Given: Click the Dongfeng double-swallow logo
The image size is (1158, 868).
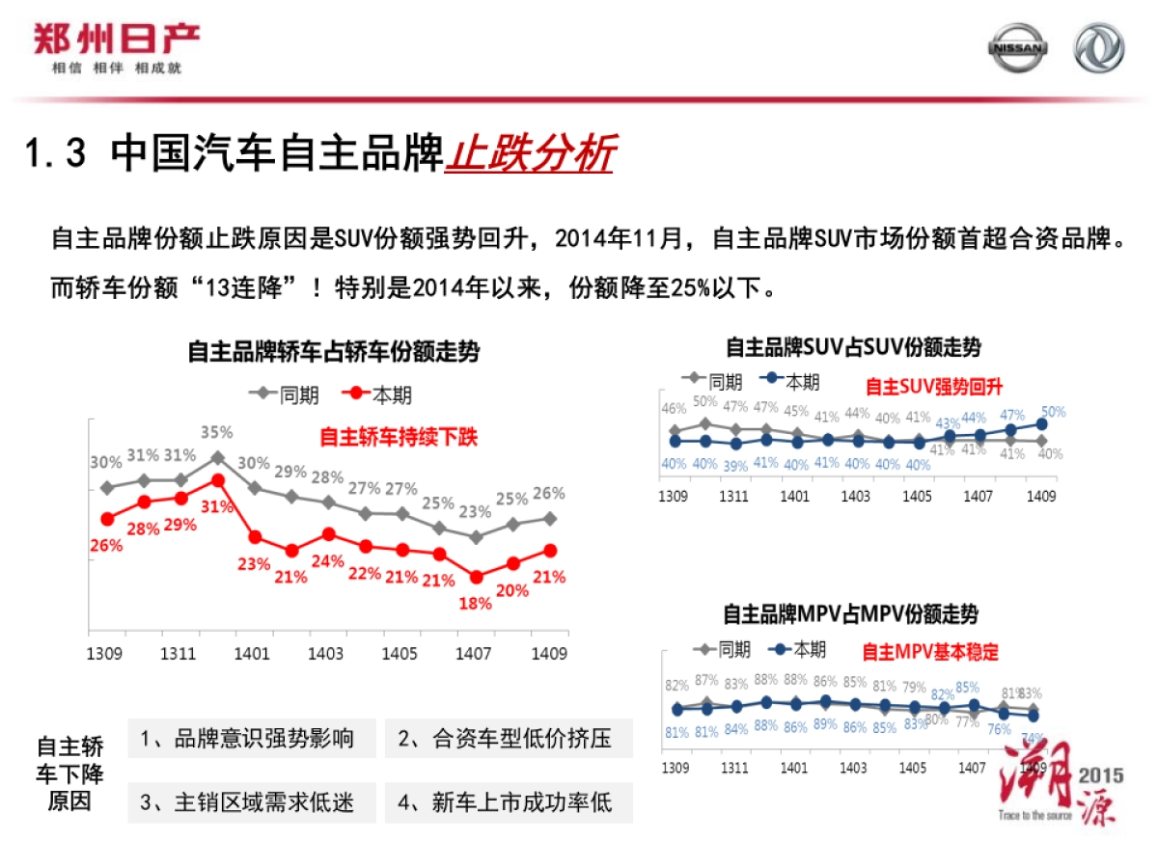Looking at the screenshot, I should click(x=1099, y=49).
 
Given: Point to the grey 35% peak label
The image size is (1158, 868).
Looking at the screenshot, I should click(x=217, y=431).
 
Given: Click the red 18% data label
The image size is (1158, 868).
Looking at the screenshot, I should click(x=475, y=604).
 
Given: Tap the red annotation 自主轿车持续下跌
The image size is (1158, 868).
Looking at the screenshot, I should click(x=399, y=437).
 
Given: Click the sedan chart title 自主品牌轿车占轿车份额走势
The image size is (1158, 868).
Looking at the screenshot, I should click(x=333, y=352).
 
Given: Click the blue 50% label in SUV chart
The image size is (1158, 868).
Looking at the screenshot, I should click(x=1053, y=412).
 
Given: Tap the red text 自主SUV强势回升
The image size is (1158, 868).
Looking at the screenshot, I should click(x=933, y=387).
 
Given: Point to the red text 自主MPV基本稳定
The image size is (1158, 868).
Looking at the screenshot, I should click(x=929, y=652).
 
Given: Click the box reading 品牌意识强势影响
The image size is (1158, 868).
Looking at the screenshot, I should click(x=248, y=740).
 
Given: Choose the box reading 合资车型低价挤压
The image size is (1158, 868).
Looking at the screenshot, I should click(x=508, y=740).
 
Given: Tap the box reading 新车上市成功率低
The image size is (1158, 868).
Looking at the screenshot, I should click(x=508, y=801).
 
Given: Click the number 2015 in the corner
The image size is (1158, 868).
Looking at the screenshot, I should click(x=1101, y=774).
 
